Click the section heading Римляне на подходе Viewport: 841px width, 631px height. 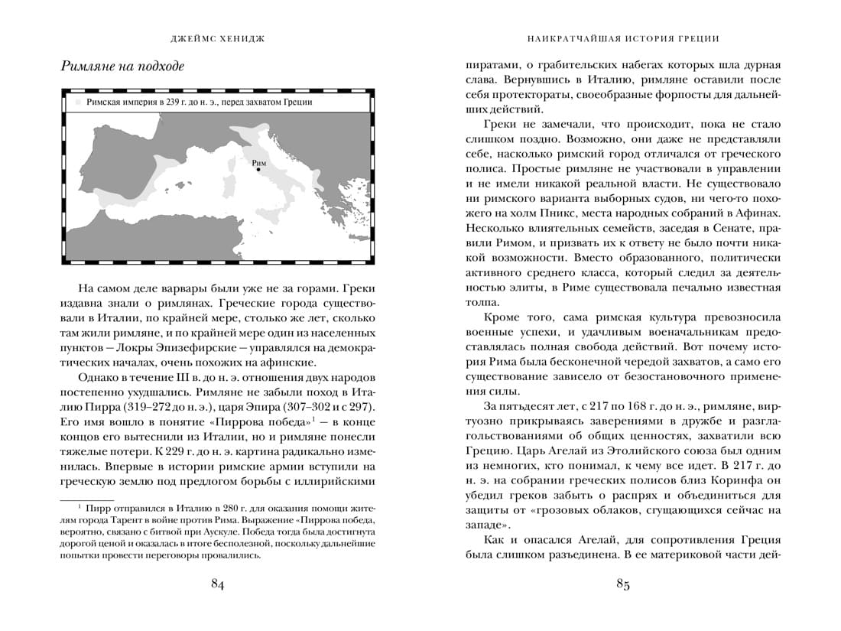pos(122,67)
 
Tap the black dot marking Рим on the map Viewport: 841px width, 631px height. pos(258,171)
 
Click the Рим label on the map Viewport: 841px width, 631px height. pos(258,162)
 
